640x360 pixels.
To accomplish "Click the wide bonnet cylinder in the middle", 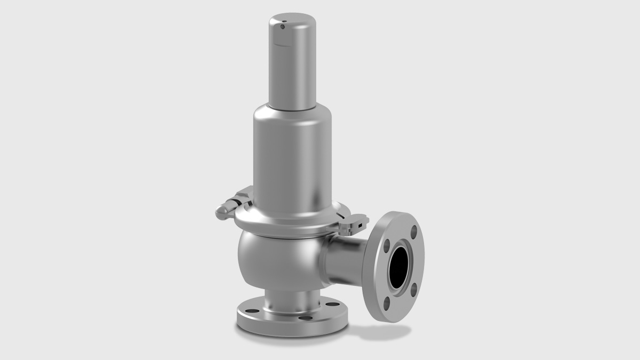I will click(292, 160).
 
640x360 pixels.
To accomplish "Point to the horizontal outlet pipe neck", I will click(347, 261).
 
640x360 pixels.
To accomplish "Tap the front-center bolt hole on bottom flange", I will click(306, 318).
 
